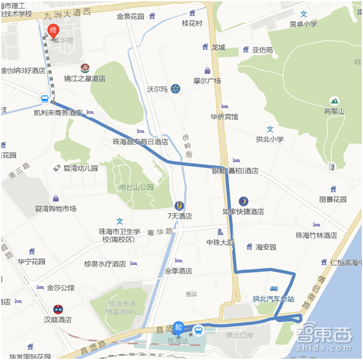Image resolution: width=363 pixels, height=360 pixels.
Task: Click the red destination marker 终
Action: [53, 30]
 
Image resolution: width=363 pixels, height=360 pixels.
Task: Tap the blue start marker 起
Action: [179, 327]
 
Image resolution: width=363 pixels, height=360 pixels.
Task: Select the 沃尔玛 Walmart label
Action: [157, 89]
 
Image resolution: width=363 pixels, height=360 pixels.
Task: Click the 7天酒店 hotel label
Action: [180, 215]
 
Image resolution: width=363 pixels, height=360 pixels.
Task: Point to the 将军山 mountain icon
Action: [334, 101]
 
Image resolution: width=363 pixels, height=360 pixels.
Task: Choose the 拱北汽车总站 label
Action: [274, 299]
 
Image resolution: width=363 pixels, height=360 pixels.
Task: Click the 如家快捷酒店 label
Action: [243, 212]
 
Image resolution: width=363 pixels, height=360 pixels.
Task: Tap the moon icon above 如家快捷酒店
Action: [243, 201]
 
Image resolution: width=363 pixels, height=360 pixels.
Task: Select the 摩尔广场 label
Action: [208, 81]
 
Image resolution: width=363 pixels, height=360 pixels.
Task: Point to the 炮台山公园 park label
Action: [136, 187]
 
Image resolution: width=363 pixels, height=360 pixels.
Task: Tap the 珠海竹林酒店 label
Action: [316, 235]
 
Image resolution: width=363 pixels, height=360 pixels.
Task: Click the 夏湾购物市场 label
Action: [55, 209]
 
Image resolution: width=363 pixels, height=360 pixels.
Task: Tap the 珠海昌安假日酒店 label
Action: [140, 141]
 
